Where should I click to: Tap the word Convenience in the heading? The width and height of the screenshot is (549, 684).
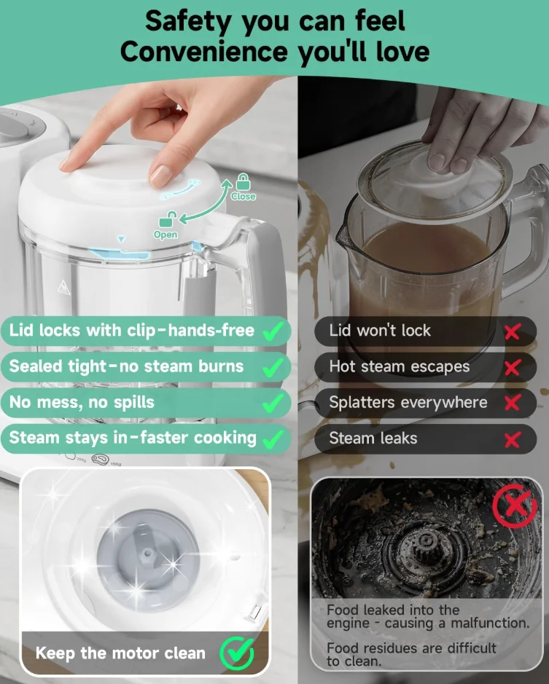203,52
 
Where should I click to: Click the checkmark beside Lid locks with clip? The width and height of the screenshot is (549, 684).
273,332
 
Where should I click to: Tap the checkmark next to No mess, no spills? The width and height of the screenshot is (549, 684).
273,404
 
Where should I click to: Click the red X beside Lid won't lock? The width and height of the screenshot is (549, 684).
513,332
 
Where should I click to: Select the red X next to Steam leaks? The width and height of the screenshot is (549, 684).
513,440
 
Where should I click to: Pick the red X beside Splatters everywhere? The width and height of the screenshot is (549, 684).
513,403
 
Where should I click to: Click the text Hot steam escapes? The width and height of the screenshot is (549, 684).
400,366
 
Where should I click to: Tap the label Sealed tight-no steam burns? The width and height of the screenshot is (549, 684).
126,366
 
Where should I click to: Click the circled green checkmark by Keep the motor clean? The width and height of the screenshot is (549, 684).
237,653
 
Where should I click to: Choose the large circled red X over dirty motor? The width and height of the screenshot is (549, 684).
515,506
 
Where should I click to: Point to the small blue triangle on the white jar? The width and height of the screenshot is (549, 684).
121,239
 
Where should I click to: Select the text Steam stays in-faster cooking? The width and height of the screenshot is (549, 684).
133,438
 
